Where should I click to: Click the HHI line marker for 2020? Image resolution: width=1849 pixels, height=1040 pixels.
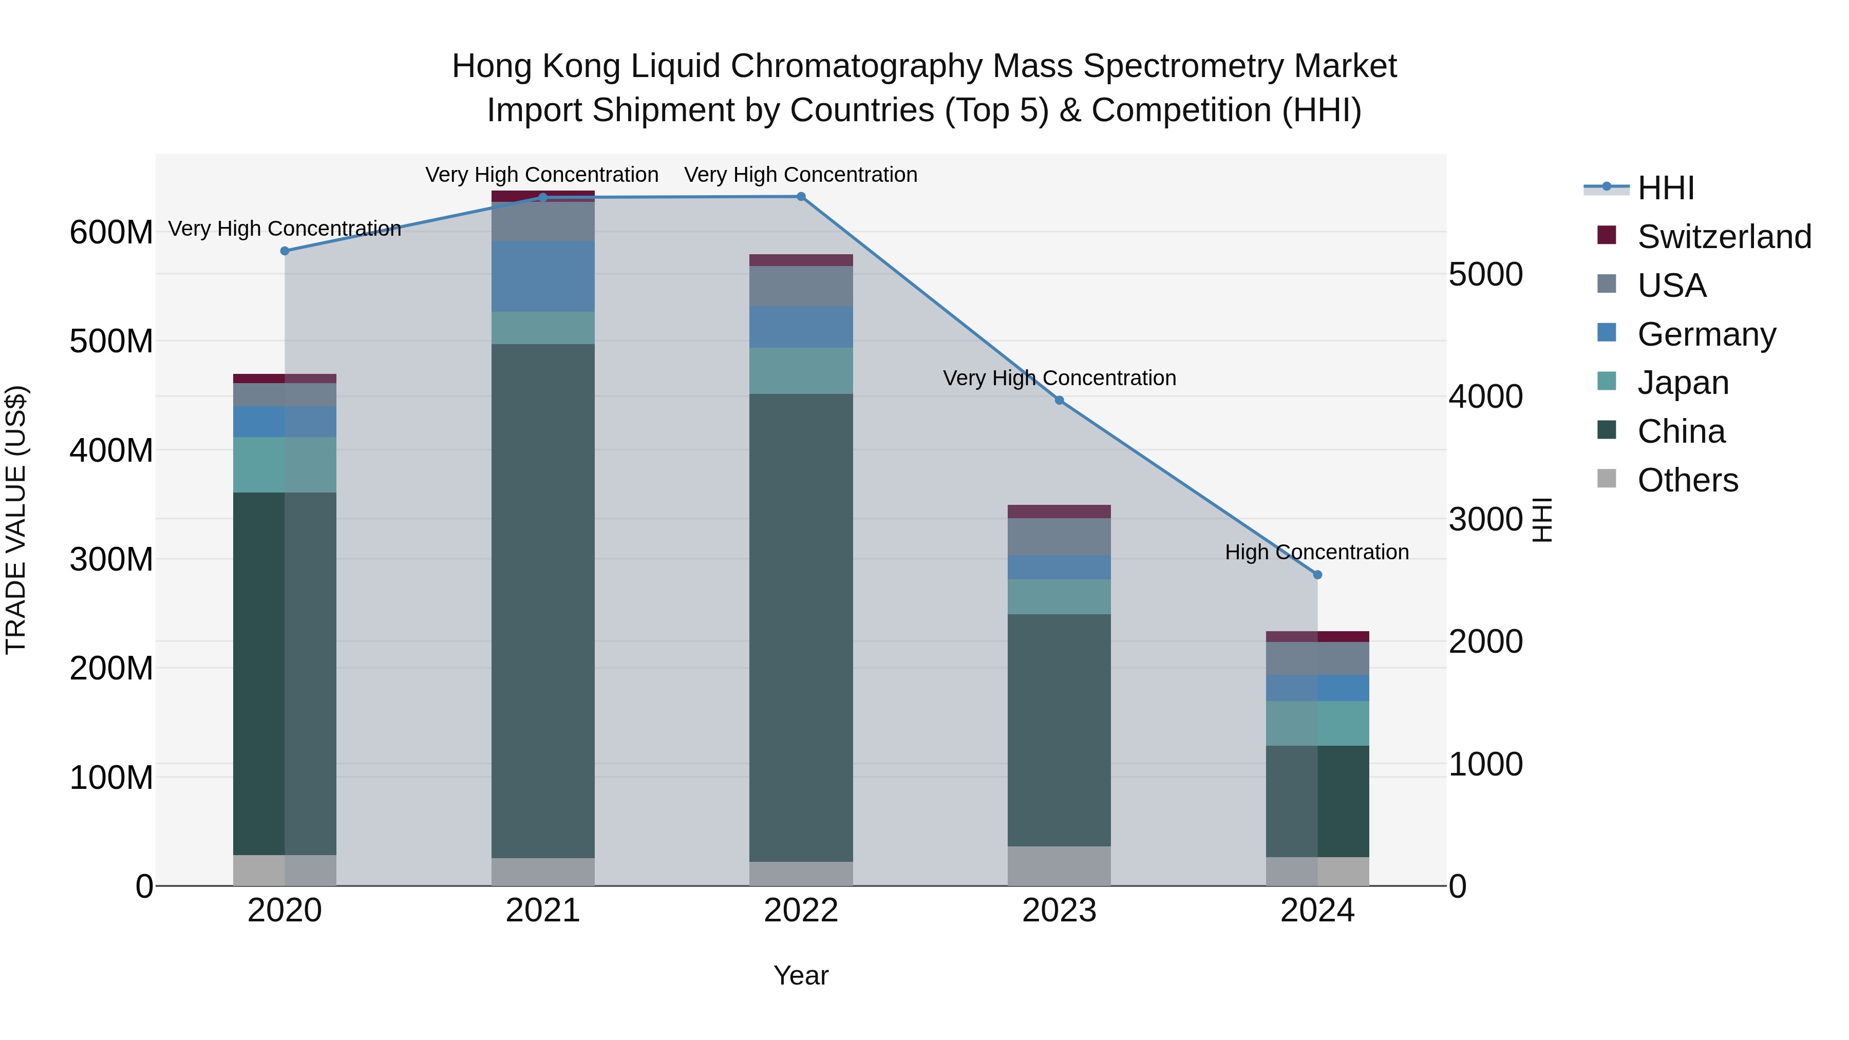tap(285, 251)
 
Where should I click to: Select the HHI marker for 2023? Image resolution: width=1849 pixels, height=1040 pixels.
tap(1060, 401)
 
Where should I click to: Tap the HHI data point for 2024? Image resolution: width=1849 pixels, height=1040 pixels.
tap(1317, 575)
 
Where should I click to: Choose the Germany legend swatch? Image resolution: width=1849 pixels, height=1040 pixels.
tap(1607, 333)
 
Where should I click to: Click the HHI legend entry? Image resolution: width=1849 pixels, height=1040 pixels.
tap(1665, 188)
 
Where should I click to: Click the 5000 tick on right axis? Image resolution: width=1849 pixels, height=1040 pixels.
tap(1485, 274)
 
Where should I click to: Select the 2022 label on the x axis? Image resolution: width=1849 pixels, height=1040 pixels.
tap(801, 911)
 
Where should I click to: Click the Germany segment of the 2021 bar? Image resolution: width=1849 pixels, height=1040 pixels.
tap(543, 276)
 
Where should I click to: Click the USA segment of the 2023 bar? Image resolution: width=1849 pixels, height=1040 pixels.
tap(1060, 536)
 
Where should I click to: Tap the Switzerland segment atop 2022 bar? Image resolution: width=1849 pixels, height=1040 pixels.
tap(801, 260)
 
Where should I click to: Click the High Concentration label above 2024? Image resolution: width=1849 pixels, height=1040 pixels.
tap(1316, 552)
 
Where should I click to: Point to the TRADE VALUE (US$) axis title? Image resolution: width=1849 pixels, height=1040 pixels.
tap(16, 520)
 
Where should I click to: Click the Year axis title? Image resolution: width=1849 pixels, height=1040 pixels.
tap(801, 975)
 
